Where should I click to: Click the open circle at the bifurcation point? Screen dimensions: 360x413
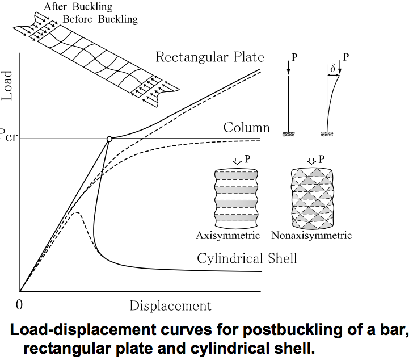click(x=108, y=139)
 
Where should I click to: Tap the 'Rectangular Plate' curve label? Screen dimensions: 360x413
click(x=209, y=57)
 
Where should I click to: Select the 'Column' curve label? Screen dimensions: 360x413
click(x=246, y=128)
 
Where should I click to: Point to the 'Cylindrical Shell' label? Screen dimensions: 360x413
click(x=247, y=259)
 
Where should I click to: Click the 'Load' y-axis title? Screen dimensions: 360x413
click(x=7, y=85)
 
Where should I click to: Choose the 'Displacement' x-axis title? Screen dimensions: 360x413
click(x=170, y=305)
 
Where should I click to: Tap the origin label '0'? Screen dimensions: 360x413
click(x=19, y=305)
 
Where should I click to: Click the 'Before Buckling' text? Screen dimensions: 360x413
click(x=100, y=19)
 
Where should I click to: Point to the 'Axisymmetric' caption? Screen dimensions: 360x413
click(x=227, y=235)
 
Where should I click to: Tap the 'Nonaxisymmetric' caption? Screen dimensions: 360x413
click(x=311, y=235)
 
